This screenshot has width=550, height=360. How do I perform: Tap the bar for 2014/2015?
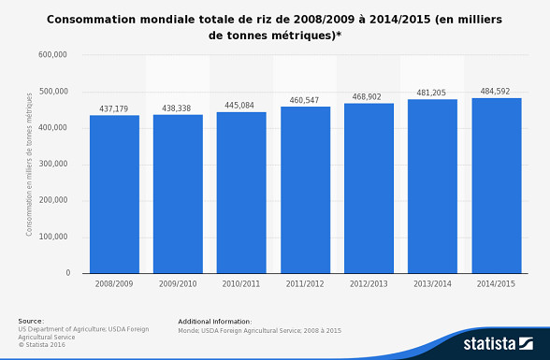[496, 185]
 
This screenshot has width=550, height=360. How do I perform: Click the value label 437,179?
[114, 109]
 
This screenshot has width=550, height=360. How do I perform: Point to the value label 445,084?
[240, 106]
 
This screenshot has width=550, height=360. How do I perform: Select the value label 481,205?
[431, 94]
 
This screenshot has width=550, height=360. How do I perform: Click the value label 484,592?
[496, 92]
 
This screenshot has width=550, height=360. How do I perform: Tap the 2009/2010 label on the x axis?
[178, 282]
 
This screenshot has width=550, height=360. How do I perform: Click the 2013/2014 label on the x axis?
[431, 282]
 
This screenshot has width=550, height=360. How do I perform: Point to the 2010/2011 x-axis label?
[240, 282]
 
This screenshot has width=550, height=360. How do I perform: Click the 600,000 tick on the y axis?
[53, 55]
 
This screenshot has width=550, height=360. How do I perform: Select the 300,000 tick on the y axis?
[53, 165]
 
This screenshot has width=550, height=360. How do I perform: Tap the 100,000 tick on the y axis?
[53, 238]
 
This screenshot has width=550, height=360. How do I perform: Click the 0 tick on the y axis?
[67, 274]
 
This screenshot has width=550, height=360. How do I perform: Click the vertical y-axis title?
[30, 164]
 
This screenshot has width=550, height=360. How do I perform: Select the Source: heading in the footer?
[31, 321]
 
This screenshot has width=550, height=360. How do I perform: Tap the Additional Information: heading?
[214, 321]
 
